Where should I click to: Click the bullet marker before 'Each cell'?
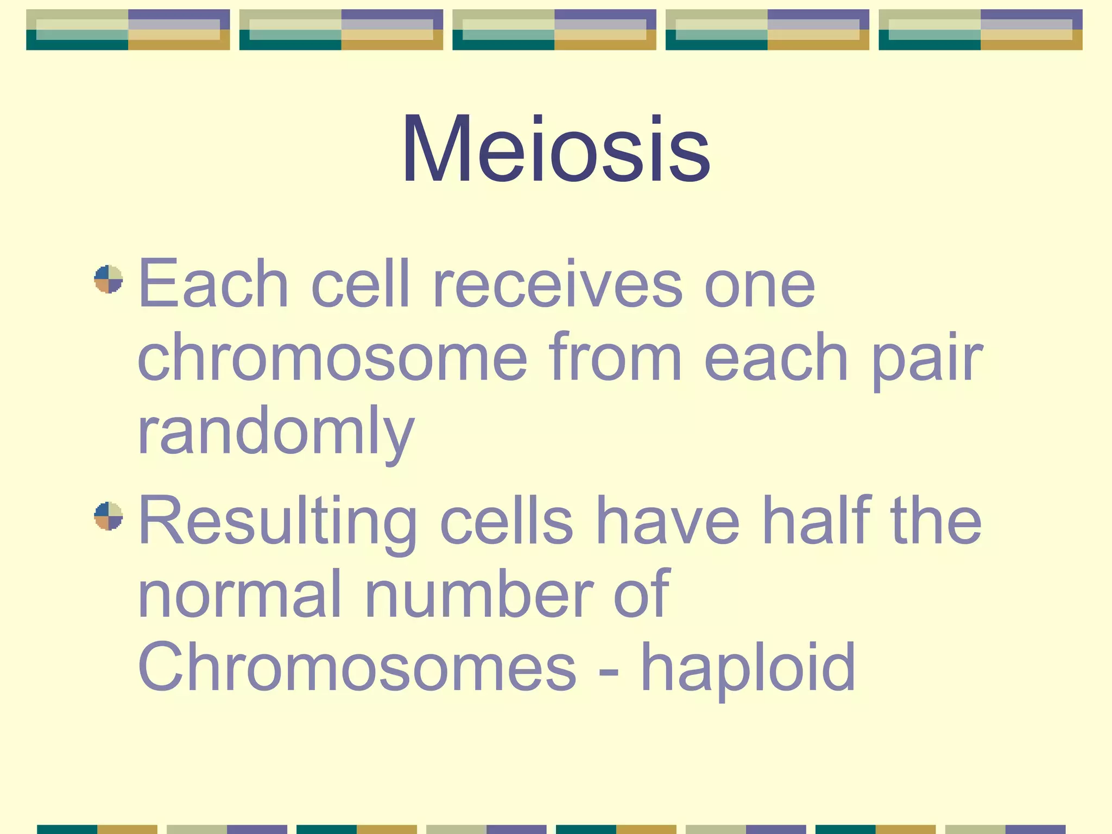109,279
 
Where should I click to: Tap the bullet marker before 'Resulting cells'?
109,516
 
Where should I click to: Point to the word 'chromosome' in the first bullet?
332,358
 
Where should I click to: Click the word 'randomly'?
276,432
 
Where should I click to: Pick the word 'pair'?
927,358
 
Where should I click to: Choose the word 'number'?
479,594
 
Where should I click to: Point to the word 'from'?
615,358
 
